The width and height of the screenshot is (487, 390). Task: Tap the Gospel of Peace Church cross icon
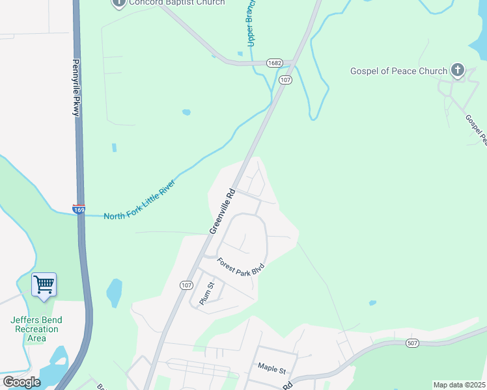[458, 70]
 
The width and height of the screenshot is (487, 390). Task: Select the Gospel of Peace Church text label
[398, 71]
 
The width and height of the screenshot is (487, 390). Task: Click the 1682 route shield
[273, 63]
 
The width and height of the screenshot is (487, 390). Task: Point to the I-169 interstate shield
[79, 210]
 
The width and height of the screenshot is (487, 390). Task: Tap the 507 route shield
[411, 343]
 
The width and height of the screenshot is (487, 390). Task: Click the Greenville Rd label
[221, 211]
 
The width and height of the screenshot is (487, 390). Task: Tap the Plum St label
[206, 294]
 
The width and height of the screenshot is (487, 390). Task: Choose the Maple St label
[271, 369]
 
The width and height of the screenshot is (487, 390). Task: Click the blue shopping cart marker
[44, 284]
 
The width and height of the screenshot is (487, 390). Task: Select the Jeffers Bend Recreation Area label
[37, 329]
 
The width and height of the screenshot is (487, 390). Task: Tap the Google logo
[21, 382]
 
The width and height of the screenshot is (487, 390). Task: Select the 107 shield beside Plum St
[187, 285]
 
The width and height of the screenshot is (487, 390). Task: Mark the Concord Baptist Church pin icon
[118, 3]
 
